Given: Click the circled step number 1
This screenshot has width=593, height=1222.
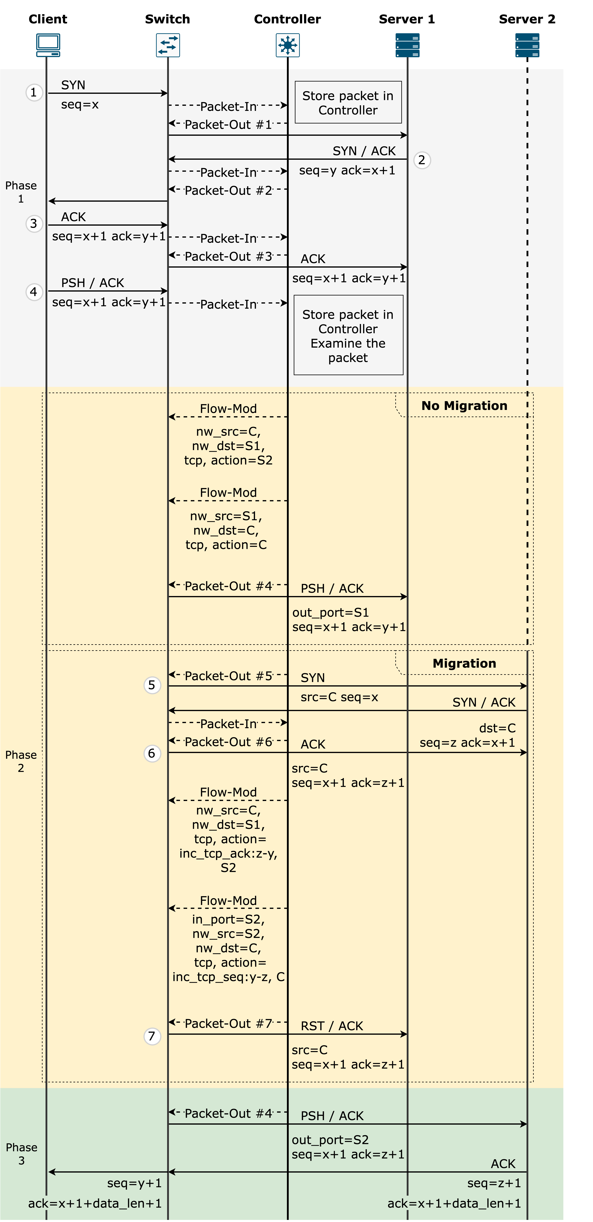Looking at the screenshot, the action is pyautogui.click(x=34, y=92).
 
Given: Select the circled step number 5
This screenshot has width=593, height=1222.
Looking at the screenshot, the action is pyautogui.click(x=152, y=685).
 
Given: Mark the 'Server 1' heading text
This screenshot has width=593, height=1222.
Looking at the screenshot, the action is pyautogui.click(x=407, y=19).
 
